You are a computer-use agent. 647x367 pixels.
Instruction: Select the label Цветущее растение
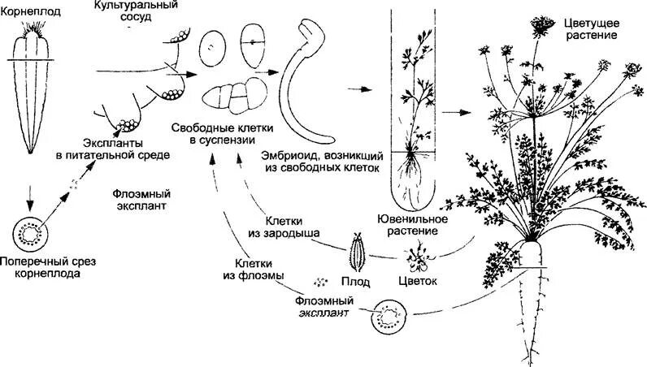point(588,30)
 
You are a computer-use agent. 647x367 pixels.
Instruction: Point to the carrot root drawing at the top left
point(32,89)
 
